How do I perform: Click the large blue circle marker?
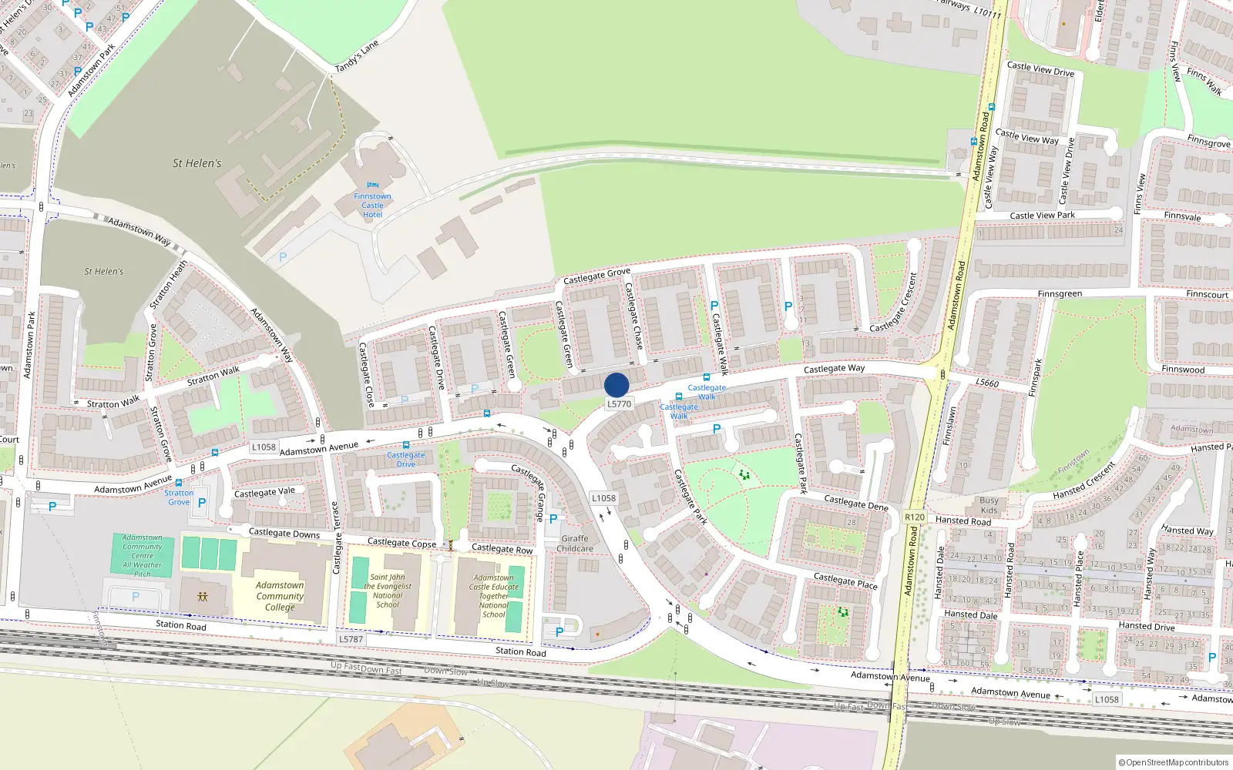(616, 385)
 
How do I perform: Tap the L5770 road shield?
(619, 403)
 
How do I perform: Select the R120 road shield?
(915, 517)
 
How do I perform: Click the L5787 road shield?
(351, 639)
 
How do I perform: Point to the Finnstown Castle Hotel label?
(372, 206)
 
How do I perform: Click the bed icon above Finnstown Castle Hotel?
(373, 185)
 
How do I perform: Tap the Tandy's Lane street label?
(357, 57)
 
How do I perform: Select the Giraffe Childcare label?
(575, 544)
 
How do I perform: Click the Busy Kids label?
(989, 505)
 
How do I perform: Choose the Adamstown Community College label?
(280, 596)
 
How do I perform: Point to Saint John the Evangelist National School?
(387, 591)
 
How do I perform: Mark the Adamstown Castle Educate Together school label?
(494, 596)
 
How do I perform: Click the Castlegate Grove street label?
(596, 276)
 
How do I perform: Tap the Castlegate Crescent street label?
(894, 303)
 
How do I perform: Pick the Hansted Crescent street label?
(1084, 480)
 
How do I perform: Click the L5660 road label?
(987, 383)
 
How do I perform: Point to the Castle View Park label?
(1042, 216)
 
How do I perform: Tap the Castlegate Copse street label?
(401, 543)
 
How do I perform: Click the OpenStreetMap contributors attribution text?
(1174, 762)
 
